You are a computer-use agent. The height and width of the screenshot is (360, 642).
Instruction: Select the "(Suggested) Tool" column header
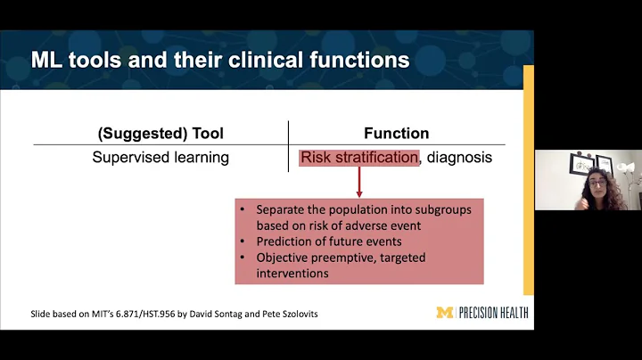(160, 134)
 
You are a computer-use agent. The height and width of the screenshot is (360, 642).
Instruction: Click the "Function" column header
(396, 134)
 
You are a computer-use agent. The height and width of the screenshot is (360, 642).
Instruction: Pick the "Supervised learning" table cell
(160, 158)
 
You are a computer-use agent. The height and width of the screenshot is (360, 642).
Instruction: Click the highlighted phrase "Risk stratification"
(358, 158)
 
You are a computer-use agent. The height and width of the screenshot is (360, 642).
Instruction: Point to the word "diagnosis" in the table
(458, 158)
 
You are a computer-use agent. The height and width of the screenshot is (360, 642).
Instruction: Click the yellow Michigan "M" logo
(443, 313)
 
